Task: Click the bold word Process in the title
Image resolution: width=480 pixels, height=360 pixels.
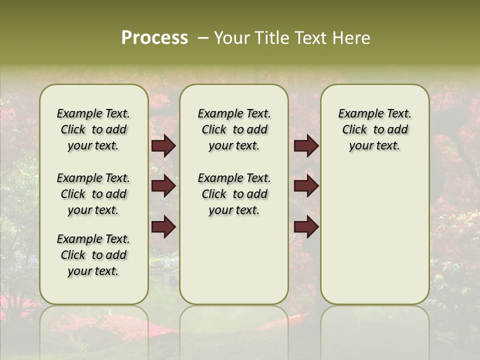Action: (x=154, y=38)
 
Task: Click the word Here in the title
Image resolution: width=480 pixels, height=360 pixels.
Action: (x=352, y=38)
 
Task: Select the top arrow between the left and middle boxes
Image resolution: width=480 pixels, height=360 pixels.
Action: (x=163, y=145)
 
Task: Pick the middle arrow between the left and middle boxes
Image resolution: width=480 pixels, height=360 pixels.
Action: (x=163, y=186)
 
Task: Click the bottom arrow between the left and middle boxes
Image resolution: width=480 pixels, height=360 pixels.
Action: (x=163, y=227)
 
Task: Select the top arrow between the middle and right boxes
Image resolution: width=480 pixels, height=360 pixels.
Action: (x=306, y=145)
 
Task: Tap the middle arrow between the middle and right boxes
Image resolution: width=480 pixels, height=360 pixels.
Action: (x=306, y=186)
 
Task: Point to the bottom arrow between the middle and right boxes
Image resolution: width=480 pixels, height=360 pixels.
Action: (x=306, y=227)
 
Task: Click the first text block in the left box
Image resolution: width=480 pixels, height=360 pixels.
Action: (x=93, y=129)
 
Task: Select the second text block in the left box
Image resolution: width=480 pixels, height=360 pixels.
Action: (x=93, y=194)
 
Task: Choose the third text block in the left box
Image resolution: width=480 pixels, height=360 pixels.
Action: (x=93, y=255)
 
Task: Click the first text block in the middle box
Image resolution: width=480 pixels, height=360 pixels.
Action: (x=234, y=129)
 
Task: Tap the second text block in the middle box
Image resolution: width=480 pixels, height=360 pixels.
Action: (x=234, y=194)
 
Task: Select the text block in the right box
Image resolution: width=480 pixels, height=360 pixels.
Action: (x=374, y=129)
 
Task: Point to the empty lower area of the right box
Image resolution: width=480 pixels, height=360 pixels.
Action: (x=374, y=235)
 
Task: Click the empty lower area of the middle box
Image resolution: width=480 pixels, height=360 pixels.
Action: (x=234, y=260)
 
